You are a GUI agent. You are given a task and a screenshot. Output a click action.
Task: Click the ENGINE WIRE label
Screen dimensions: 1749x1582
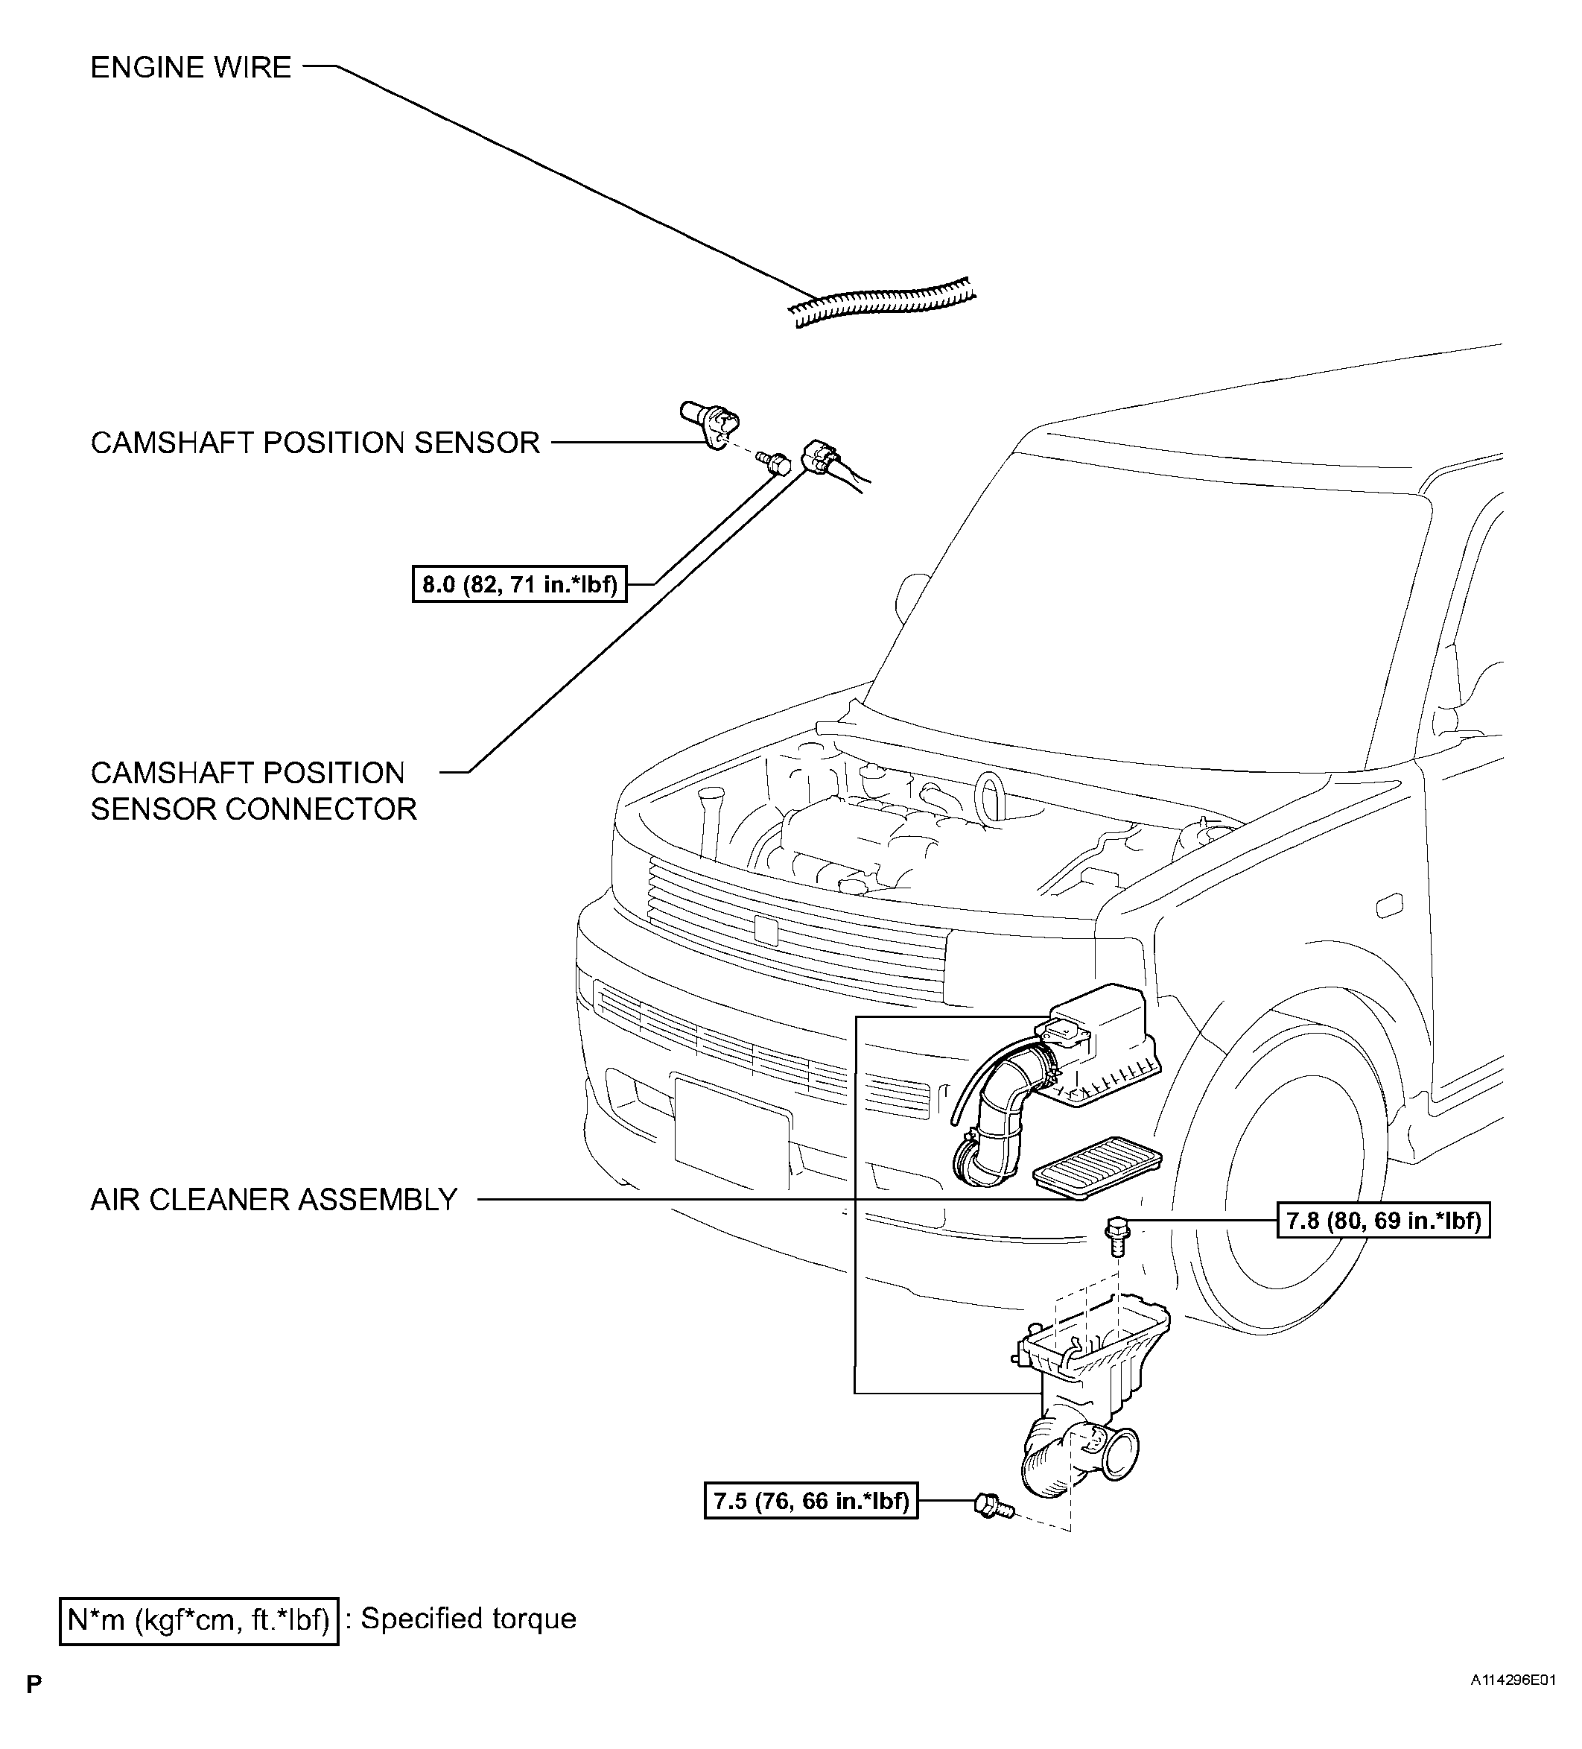(x=191, y=68)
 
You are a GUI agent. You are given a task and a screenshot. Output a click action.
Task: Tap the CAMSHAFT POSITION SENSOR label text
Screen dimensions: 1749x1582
(x=315, y=443)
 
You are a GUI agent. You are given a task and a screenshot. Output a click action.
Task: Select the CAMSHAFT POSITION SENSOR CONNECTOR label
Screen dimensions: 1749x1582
(x=253, y=791)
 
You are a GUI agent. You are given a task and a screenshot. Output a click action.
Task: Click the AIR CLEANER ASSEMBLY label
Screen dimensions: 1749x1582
(x=274, y=1199)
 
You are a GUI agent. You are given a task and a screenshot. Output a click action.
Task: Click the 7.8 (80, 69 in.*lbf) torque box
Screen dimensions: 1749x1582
(x=1382, y=1221)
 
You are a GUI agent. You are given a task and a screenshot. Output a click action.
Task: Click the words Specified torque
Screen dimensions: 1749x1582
(x=468, y=1619)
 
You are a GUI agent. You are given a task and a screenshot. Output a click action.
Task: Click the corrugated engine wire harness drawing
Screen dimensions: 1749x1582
(x=883, y=303)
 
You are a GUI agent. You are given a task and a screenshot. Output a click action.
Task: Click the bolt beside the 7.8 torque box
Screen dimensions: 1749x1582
(x=1117, y=1236)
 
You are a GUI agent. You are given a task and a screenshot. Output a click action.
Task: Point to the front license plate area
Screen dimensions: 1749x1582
(x=731, y=1132)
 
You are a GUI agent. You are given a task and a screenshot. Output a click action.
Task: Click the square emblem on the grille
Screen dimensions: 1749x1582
(x=766, y=929)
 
